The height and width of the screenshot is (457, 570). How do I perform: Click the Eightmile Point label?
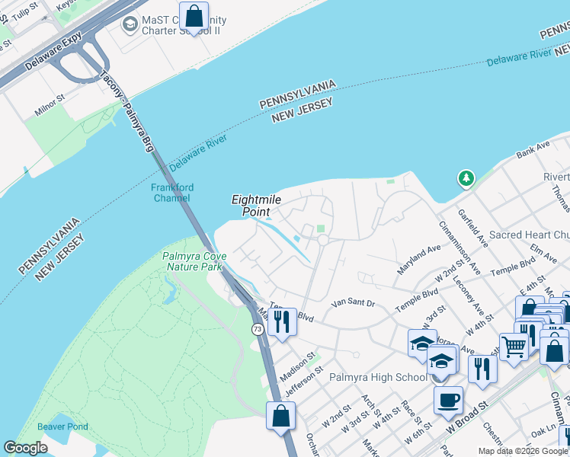coord(257,205)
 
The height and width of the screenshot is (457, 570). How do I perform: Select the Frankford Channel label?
coord(172,193)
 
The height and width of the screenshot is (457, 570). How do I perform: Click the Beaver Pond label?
coord(63,427)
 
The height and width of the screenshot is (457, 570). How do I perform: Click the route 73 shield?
coord(258,328)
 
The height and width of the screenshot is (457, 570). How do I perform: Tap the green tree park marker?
coord(465,179)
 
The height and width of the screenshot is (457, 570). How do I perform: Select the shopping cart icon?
coord(514,347)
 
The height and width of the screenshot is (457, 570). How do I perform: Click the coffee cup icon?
coord(448,400)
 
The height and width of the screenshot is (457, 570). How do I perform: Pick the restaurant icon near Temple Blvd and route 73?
coord(283,322)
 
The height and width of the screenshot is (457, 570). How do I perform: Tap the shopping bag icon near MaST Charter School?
coord(194,16)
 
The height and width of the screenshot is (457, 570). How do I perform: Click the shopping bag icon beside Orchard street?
coord(280,416)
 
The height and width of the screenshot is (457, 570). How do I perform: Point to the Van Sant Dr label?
coord(354,303)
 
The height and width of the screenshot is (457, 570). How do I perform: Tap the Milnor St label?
coord(50,106)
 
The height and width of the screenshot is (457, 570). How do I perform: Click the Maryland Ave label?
coord(418,260)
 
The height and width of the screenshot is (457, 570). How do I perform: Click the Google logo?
coord(25,448)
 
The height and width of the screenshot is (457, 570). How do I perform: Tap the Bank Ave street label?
coord(533,150)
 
